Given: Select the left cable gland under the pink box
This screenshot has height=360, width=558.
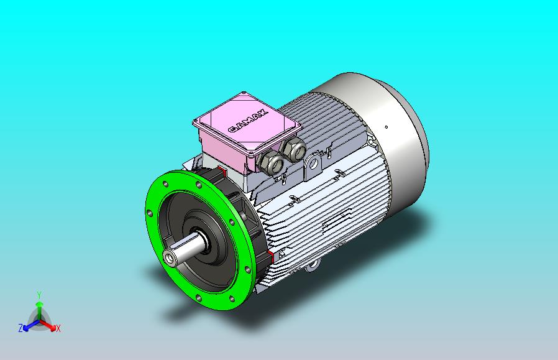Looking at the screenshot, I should click(x=271, y=164).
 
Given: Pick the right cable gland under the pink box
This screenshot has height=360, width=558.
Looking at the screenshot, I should click(x=293, y=149).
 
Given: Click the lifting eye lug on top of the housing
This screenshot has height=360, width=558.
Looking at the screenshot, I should click(x=313, y=164).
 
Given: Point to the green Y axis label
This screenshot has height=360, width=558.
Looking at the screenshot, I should click(x=39, y=294).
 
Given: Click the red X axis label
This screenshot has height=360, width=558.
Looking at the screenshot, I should click(x=58, y=328).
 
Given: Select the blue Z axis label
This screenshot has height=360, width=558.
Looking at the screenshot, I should click(x=21, y=328).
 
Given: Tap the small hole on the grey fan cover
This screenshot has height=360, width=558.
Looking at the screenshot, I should click(x=387, y=127).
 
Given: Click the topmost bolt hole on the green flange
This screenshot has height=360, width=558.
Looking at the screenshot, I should click(x=198, y=185).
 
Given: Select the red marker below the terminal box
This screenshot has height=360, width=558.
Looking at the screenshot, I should click(x=222, y=172).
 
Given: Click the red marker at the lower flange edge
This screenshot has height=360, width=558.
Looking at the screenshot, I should click(x=272, y=257).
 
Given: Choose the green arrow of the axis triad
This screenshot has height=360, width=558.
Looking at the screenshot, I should click(x=39, y=308).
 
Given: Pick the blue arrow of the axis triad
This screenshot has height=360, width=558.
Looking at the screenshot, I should click(x=29, y=325).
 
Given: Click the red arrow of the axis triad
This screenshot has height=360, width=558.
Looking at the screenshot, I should click(x=50, y=325).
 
